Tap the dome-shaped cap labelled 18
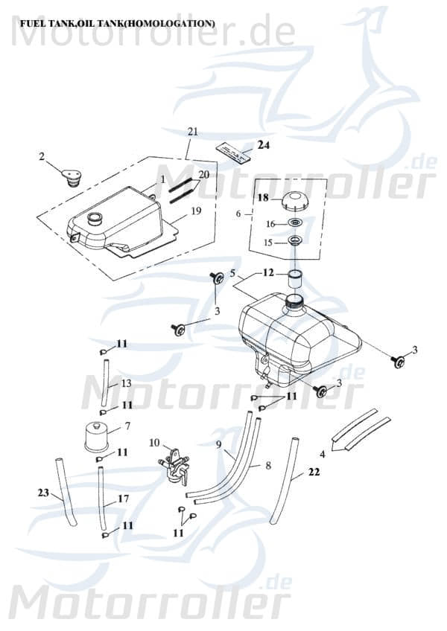[294, 200]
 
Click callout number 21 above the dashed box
[193, 132]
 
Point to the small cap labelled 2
[72, 179]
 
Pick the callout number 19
[196, 211]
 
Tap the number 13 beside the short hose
[126, 382]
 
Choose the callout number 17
[123, 499]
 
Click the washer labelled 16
[295, 223]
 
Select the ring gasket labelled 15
[295, 242]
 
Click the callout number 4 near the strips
[322, 453]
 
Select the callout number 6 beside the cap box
[238, 214]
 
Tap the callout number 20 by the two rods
[203, 176]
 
